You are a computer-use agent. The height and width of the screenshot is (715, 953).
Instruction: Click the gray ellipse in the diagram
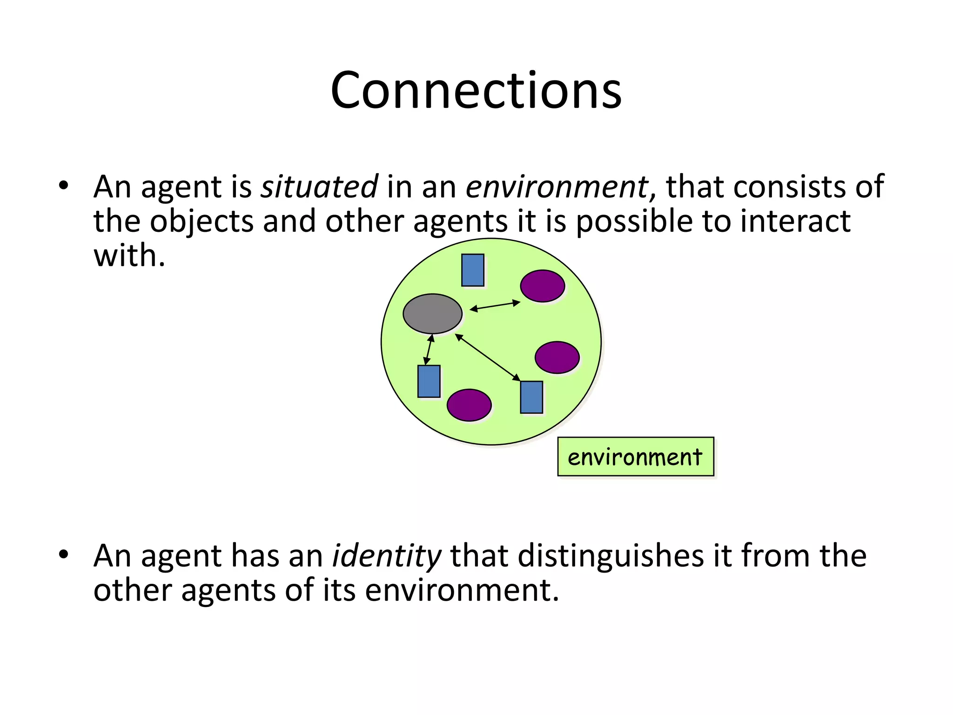[x=432, y=314]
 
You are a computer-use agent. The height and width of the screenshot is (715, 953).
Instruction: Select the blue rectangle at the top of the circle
[x=472, y=270]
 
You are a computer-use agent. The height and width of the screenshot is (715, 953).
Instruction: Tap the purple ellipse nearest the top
[x=542, y=286]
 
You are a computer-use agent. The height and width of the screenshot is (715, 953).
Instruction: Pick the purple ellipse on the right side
[x=557, y=357]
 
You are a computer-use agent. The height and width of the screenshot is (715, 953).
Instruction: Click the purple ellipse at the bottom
[x=469, y=405]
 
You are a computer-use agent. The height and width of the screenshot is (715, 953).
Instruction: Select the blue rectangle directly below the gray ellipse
[x=429, y=381]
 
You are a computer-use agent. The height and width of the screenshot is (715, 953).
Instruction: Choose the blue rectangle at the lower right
[x=531, y=397]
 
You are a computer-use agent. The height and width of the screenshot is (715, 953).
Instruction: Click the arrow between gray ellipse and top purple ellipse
[x=495, y=306]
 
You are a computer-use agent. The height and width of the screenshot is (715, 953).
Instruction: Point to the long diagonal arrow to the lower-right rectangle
[x=487, y=357]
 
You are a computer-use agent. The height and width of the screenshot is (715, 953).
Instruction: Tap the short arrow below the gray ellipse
[x=429, y=350]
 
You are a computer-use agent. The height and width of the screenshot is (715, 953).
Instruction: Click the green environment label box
[x=635, y=457]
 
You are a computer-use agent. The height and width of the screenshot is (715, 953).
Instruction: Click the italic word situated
[x=319, y=187]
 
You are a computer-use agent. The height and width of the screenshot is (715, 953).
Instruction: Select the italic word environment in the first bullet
[x=557, y=187]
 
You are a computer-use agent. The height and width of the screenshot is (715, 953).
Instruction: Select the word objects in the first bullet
[x=201, y=222]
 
